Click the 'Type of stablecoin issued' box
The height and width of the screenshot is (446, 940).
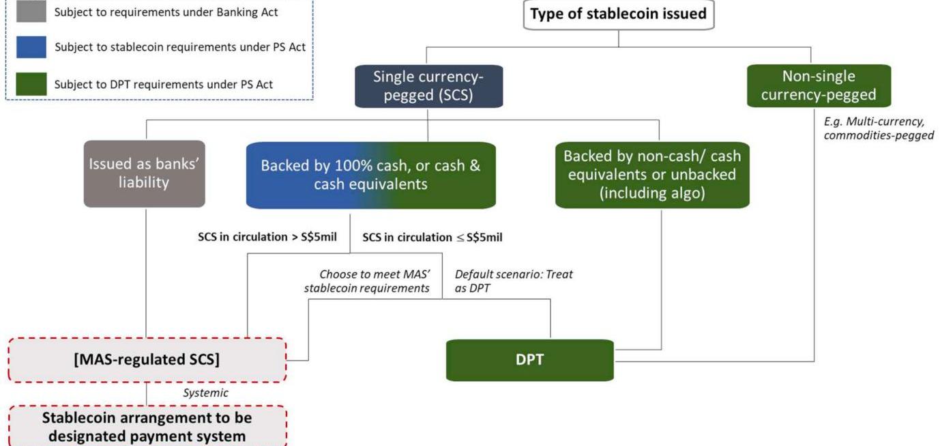pyautogui.click(x=618, y=14)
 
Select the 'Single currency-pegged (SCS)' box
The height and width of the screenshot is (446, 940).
pyautogui.click(x=428, y=86)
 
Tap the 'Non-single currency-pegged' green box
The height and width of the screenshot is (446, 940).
pyautogui.click(x=818, y=86)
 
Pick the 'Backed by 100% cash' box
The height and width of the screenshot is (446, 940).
pyautogui.click(x=370, y=175)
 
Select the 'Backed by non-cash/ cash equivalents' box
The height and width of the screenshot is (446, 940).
pyautogui.click(x=651, y=174)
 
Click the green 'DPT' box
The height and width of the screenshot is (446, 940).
pyautogui.click(x=529, y=360)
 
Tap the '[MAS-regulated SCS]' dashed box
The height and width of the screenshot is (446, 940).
pyautogui.click(x=147, y=360)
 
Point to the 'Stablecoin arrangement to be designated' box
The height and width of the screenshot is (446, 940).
pyautogui.click(x=147, y=426)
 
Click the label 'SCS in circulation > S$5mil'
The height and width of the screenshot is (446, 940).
pyautogui.click(x=267, y=238)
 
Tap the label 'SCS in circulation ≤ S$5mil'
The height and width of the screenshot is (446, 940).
pyautogui.click(x=432, y=238)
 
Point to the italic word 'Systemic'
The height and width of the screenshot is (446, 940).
pyautogui.click(x=205, y=393)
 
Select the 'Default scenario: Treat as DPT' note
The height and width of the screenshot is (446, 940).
pyautogui.click(x=513, y=281)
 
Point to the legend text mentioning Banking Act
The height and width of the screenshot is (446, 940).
pyautogui.click(x=166, y=12)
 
